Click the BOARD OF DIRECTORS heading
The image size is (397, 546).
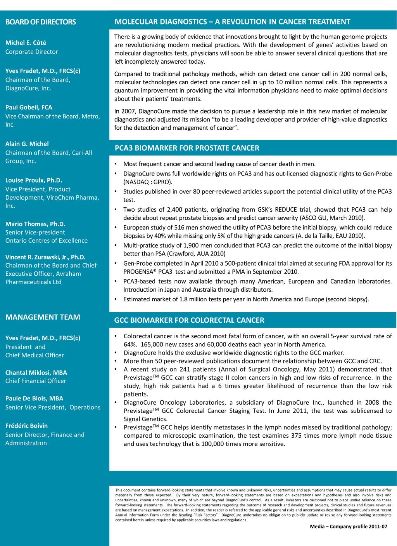click(x=40, y=22)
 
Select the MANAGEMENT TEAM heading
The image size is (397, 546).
click(x=43, y=317)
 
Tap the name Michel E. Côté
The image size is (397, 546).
click(x=26, y=43)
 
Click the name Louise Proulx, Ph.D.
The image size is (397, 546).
click(x=34, y=180)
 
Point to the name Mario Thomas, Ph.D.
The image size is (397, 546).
click(x=35, y=224)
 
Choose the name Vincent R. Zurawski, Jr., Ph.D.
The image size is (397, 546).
click(x=45, y=257)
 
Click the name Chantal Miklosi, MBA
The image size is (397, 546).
click(x=36, y=372)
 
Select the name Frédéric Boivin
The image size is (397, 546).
click(x=26, y=426)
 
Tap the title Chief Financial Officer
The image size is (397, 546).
click(x=36, y=381)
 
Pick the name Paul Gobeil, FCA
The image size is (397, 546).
click(x=29, y=107)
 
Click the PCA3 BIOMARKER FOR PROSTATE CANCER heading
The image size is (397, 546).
click(x=187, y=148)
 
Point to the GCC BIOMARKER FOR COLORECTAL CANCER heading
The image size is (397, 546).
click(x=189, y=320)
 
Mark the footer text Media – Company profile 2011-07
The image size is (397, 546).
click(x=348, y=527)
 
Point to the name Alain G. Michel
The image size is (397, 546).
click(x=27, y=144)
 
